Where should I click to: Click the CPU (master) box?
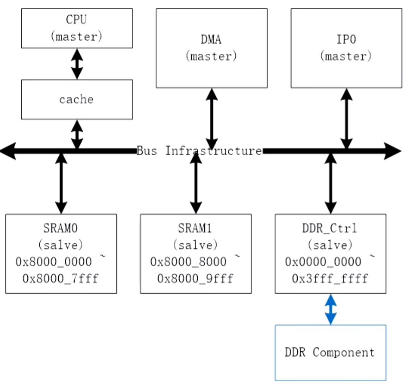77,28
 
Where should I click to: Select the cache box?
77,99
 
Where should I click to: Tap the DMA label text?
211,40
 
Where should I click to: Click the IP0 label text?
346,40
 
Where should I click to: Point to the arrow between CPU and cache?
77,64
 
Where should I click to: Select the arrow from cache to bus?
77,134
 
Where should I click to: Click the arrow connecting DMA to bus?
211,119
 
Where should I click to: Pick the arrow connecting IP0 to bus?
346,119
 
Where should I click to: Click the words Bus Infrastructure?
199,151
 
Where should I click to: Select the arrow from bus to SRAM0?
61,183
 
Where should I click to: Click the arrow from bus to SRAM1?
196,183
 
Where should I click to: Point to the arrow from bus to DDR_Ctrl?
330,183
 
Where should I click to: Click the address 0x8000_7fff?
60,279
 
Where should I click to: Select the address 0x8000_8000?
188,262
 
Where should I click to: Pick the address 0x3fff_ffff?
330,279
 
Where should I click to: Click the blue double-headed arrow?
330,309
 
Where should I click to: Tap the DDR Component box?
330,353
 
